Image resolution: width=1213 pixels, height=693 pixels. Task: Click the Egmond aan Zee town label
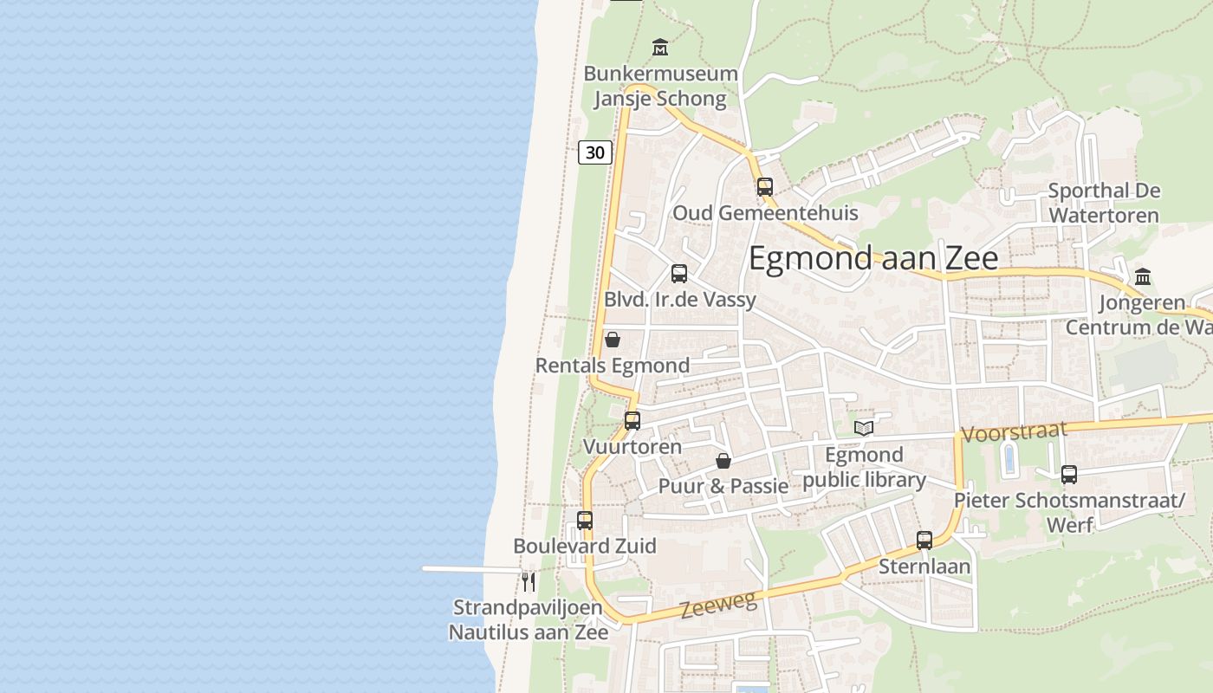click(x=872, y=258)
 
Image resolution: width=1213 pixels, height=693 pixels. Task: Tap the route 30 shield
click(x=595, y=152)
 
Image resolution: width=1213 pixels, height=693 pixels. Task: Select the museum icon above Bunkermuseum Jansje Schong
click(x=660, y=46)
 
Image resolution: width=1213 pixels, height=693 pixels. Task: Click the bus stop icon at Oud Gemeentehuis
click(x=764, y=186)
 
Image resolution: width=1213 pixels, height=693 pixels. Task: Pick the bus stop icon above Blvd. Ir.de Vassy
click(x=679, y=274)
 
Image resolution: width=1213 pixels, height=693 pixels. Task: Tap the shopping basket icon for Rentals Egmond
click(x=613, y=339)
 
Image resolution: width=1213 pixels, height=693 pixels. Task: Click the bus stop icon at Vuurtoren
click(x=632, y=421)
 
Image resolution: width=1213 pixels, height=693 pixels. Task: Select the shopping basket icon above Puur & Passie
click(x=723, y=461)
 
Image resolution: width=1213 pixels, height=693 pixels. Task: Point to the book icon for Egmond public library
click(x=864, y=427)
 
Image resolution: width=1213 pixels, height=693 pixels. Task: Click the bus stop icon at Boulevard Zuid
click(x=585, y=521)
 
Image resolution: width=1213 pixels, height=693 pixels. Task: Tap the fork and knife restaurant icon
click(x=529, y=580)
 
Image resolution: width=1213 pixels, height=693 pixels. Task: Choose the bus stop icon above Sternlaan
click(x=924, y=541)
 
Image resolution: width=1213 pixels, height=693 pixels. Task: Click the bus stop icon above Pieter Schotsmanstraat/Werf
click(x=1069, y=475)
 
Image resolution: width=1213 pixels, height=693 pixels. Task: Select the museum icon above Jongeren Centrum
click(x=1143, y=277)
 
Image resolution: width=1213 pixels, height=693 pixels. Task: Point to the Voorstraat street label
click(x=1014, y=432)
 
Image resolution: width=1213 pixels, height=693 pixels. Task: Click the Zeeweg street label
click(x=718, y=604)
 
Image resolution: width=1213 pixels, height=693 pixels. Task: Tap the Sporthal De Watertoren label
click(x=1103, y=203)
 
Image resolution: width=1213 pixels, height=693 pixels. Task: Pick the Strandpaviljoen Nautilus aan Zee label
click(x=528, y=620)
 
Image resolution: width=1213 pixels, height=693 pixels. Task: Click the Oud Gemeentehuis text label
click(x=765, y=213)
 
